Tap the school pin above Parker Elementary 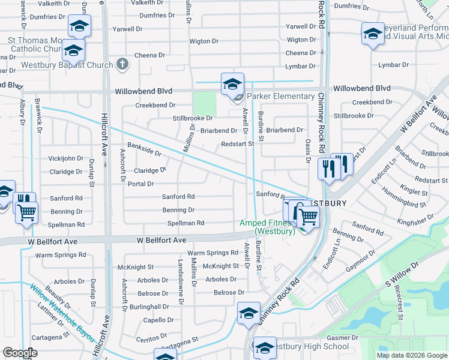click(232, 84)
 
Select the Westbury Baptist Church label click(67, 65)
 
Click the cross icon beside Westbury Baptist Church click(122, 64)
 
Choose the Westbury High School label click(304, 346)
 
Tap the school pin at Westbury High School click(264, 347)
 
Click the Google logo click(20, 353)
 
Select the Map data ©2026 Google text click(411, 355)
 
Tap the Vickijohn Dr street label click(66, 158)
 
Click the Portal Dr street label click(141, 184)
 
